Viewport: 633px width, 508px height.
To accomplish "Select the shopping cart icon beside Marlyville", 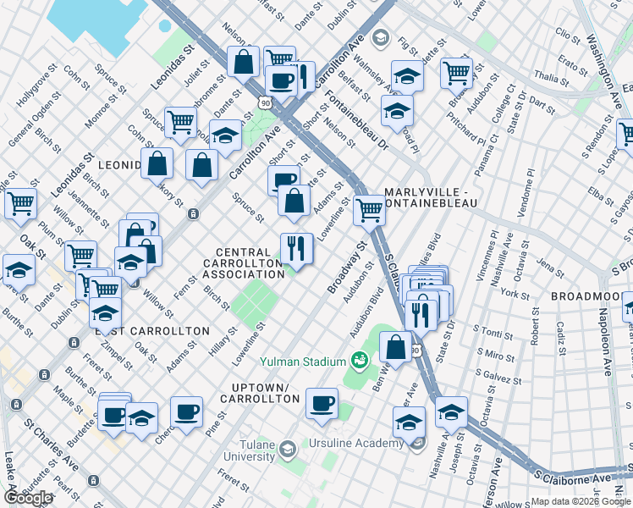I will click(x=369, y=208).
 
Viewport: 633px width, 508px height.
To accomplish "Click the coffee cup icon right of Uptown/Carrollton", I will click(x=322, y=403).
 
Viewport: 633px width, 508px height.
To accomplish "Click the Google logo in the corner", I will click(x=28, y=498).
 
